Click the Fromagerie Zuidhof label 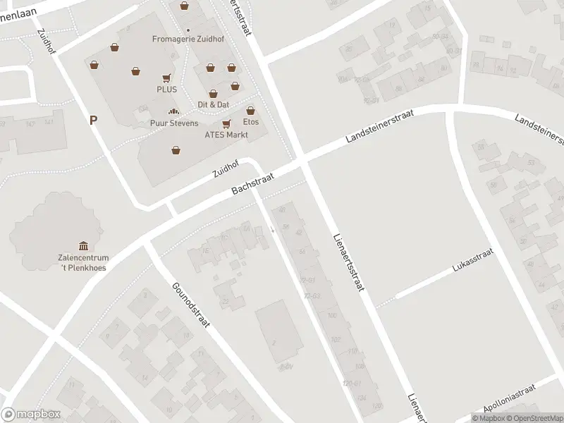tap(188, 39)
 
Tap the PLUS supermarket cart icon tap(167, 78)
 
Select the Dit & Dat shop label tap(213, 104)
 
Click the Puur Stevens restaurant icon tap(173, 111)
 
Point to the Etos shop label tap(250, 122)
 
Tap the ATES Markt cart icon tap(226, 123)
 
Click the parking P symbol tap(92, 120)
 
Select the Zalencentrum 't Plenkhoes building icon tap(84, 245)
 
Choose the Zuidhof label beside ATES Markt tap(226, 168)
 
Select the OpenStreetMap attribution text tap(537, 418)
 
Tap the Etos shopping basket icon tap(250, 110)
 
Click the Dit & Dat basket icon tap(213, 93)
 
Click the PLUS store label tap(167, 90)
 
